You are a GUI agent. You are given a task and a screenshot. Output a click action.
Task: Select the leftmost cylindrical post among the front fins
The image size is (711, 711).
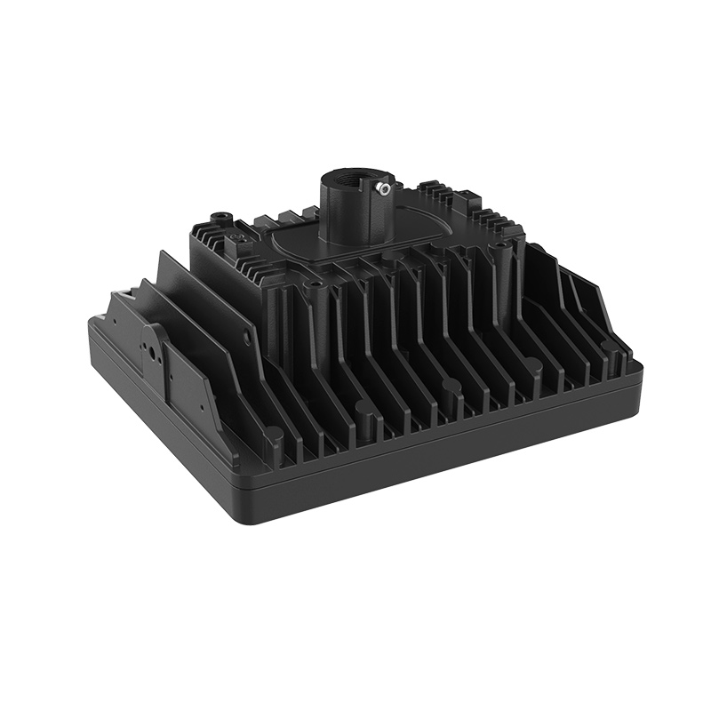click(364, 411)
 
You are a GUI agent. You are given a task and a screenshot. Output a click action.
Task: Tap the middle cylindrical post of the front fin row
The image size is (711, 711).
click(451, 387)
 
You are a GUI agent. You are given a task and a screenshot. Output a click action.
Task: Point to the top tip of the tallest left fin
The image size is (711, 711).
click(162, 252)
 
